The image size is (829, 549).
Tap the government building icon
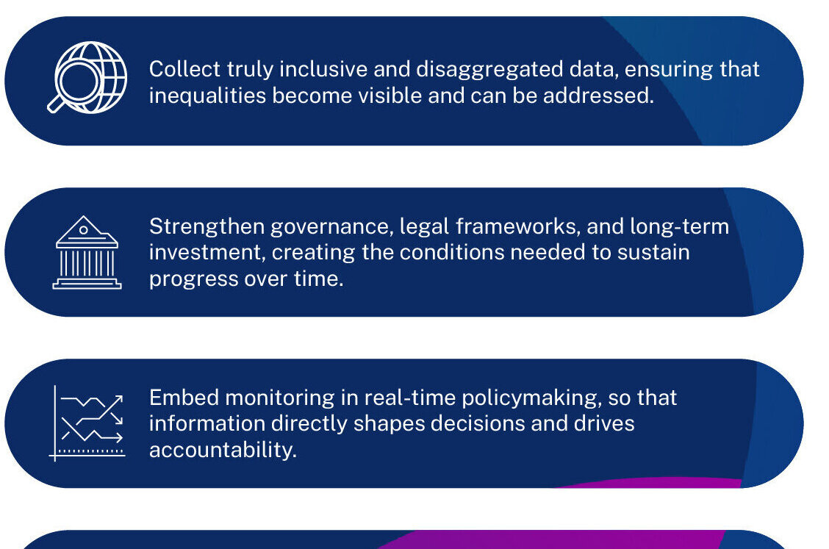[x=87, y=252]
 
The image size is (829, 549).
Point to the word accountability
[x=222, y=449]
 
